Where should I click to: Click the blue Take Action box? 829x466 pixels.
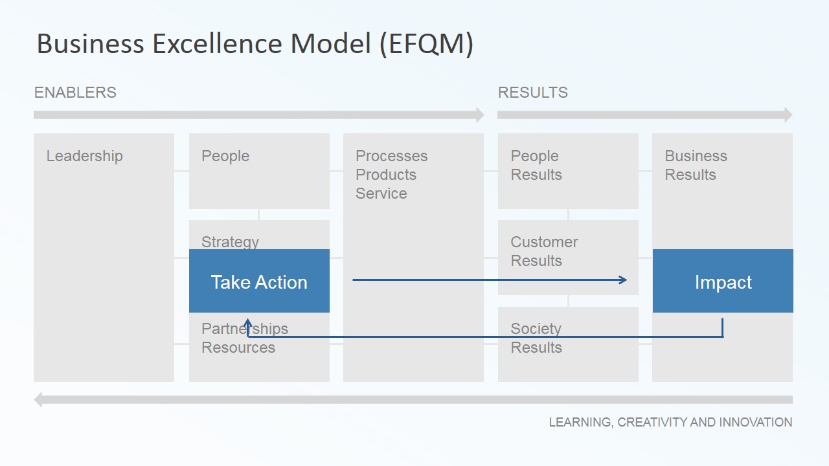coord(259,281)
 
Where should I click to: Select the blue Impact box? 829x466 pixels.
coord(723,281)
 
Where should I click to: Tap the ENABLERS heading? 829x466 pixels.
coord(75,93)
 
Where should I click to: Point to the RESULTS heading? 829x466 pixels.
coord(532,93)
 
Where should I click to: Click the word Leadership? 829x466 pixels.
coord(84,156)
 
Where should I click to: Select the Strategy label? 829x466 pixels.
coord(230,242)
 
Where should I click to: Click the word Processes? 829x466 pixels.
coord(392,156)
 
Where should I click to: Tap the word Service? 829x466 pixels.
coord(381,194)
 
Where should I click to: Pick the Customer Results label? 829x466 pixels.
coord(544,252)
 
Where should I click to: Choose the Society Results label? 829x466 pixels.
coord(536,338)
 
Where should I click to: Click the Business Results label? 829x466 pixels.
coord(696,165)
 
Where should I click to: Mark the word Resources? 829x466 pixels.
coord(238,348)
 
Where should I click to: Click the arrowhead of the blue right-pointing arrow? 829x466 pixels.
coord(623,280)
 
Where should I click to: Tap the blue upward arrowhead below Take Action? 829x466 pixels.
coord(247,323)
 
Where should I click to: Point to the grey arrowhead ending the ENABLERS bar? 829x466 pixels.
coord(480,115)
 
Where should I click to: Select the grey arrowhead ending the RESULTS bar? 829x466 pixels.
coord(788,115)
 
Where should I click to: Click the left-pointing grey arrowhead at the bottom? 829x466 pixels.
coord(38,399)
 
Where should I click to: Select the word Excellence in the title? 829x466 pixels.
coord(217,43)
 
